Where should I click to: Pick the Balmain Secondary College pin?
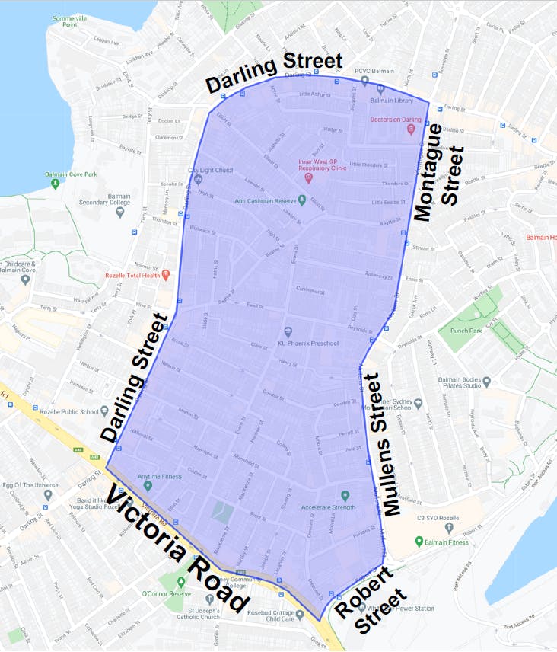[x=119, y=212]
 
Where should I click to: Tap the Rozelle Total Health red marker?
[x=166, y=274]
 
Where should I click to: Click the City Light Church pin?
[x=198, y=180]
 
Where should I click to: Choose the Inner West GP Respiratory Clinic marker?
[x=308, y=178]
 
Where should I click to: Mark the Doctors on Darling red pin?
[x=411, y=129]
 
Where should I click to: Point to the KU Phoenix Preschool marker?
[x=288, y=331]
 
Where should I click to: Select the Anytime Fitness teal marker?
[x=148, y=486]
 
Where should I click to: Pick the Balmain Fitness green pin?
[x=419, y=542]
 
